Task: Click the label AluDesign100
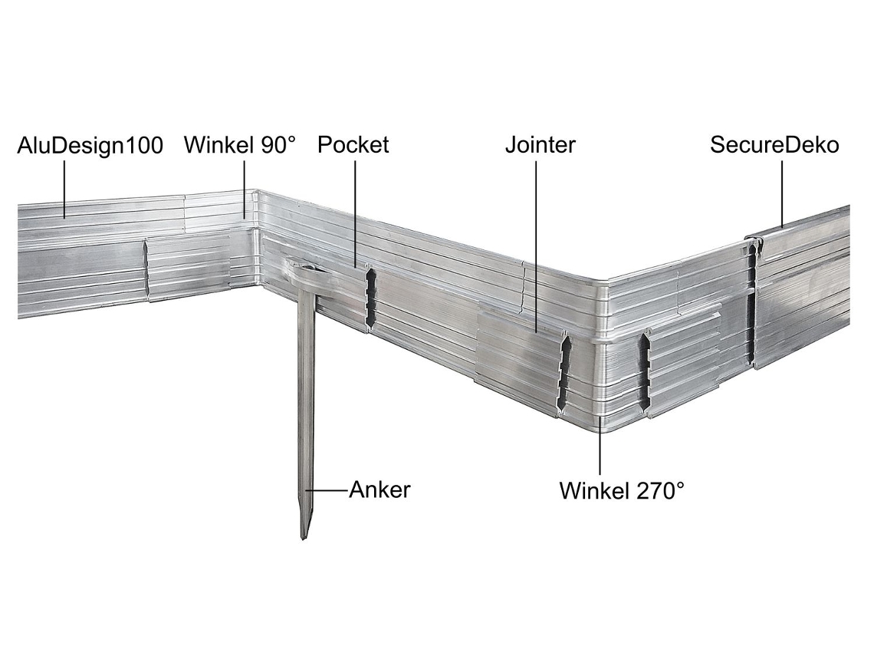(90, 146)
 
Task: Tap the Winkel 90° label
(240, 145)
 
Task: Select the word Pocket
(353, 144)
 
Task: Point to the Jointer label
(540, 144)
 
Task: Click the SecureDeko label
(774, 144)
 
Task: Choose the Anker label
(379, 490)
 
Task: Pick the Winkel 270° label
(622, 491)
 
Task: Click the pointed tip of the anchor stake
(304, 538)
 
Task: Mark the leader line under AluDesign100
(64, 189)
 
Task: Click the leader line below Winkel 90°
(244, 189)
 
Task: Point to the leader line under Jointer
(536, 247)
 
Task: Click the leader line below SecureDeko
(781, 194)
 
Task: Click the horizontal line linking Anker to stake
(327, 490)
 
